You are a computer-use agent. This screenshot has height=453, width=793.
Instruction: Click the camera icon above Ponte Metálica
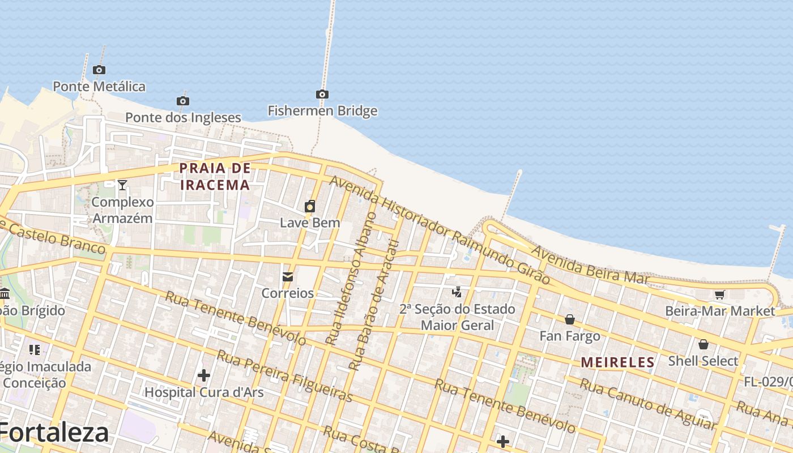pyautogui.click(x=99, y=70)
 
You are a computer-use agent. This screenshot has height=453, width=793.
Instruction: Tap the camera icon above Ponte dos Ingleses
pyautogui.click(x=182, y=101)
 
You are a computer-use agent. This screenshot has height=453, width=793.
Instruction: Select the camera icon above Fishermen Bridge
pyautogui.click(x=322, y=94)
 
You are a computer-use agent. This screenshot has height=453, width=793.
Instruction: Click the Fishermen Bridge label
pyautogui.click(x=322, y=110)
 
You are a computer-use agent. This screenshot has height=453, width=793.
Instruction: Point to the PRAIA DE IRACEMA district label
pyautogui.click(x=215, y=176)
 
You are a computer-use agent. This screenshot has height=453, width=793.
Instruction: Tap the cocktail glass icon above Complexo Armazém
pyautogui.click(x=122, y=185)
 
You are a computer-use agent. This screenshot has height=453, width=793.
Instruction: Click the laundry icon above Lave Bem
pyautogui.click(x=310, y=206)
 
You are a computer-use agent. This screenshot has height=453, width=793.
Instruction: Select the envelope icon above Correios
pyautogui.click(x=288, y=277)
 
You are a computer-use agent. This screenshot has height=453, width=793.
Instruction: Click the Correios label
pyautogui.click(x=287, y=293)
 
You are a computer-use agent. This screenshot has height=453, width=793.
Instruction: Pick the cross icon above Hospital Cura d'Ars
pyautogui.click(x=204, y=375)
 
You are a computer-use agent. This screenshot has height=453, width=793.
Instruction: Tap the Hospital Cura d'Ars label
pyautogui.click(x=204, y=392)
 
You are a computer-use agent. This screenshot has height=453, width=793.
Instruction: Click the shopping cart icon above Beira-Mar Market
pyautogui.click(x=719, y=294)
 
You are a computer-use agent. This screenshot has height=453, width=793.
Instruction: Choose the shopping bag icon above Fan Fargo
pyautogui.click(x=570, y=319)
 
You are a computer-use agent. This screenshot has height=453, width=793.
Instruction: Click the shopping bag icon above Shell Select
pyautogui.click(x=703, y=344)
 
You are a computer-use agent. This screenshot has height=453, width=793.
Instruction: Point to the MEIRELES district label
pyautogui.click(x=618, y=362)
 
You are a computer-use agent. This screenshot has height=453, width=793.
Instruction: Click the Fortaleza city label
pyautogui.click(x=54, y=433)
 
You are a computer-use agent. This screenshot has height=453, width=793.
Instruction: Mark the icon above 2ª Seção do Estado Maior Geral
pyautogui.click(x=457, y=292)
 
